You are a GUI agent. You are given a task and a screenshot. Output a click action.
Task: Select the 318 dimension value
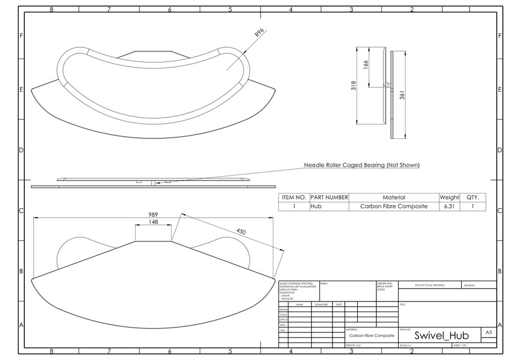click(353, 86)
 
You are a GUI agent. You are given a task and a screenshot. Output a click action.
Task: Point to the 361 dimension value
click(402, 95)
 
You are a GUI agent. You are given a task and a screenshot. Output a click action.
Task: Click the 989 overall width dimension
click(153, 214)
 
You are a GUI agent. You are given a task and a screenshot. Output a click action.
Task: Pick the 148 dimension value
click(153, 222)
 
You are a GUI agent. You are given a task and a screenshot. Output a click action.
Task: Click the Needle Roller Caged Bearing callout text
click(362, 165)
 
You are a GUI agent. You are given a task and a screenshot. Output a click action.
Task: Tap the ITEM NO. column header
click(294, 197)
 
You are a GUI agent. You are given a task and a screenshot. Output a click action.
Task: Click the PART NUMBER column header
click(329, 197)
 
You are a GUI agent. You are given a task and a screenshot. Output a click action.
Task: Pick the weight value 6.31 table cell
click(449, 206)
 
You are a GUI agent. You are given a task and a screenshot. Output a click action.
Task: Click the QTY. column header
click(472, 197)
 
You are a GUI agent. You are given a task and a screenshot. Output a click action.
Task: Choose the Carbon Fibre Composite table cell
click(394, 206)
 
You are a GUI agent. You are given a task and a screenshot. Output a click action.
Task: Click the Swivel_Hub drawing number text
click(441, 335)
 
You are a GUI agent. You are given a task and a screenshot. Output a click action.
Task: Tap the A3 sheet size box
click(489, 333)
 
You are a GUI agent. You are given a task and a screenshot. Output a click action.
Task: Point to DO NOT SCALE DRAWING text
click(429, 285)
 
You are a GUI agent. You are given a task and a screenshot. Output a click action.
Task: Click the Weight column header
click(449, 197)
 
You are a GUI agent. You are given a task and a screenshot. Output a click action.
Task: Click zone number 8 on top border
click(52, 10)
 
